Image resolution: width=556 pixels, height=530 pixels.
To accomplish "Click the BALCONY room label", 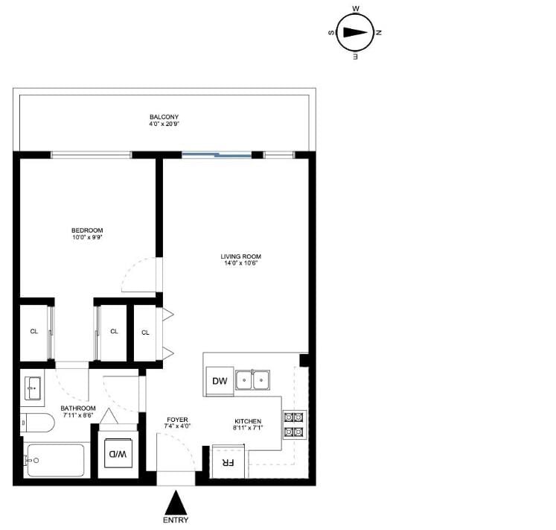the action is [x=164, y=117].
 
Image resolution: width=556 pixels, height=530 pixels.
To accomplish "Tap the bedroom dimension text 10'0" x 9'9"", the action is [x=87, y=237].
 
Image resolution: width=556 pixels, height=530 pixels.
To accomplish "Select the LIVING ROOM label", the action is [x=240, y=256].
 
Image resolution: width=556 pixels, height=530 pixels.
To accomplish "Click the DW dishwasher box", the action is [x=220, y=381].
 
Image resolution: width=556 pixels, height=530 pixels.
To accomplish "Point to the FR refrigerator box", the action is [x=228, y=462].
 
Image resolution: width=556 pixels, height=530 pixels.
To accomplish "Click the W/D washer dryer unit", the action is [x=118, y=454].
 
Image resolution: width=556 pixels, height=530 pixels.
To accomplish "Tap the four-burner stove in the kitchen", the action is [x=294, y=424].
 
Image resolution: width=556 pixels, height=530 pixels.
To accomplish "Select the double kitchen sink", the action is [x=252, y=379].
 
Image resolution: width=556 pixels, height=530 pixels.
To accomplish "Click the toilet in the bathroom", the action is [x=37, y=423].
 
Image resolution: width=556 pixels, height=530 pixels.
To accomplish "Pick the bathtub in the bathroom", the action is [x=54, y=461].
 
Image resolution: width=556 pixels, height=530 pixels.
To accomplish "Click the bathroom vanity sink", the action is [x=33, y=388].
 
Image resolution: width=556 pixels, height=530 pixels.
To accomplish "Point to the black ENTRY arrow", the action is [x=176, y=502].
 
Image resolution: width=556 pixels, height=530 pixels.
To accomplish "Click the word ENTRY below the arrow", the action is [x=176, y=520].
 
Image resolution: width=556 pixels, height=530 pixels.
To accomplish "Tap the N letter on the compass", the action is [x=379, y=33].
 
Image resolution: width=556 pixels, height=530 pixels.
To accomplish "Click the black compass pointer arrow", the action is [x=355, y=33].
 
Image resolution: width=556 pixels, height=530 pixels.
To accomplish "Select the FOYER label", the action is [x=177, y=420].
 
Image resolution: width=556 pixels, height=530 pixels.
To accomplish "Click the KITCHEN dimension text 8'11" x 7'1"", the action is [x=248, y=428].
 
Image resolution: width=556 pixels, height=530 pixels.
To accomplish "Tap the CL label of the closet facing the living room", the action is [x=145, y=332].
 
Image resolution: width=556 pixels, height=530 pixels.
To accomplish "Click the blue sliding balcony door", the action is [x=217, y=154].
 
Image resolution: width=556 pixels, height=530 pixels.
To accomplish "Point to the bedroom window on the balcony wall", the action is [x=92, y=155].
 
